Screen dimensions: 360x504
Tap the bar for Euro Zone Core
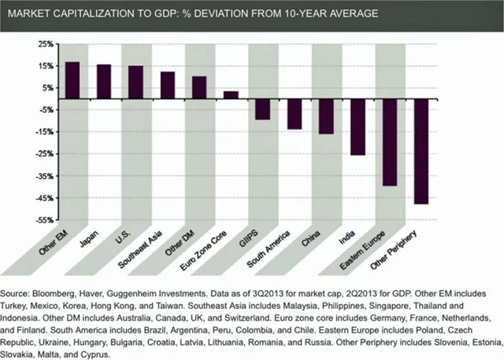pos(231,95)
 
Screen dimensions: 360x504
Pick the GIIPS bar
pos(262,109)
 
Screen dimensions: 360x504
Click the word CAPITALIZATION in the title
pos(108,14)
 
